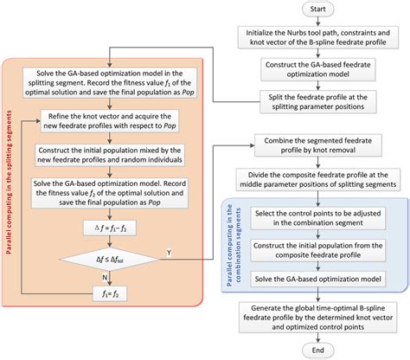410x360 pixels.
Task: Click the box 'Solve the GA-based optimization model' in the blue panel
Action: (318, 280)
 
